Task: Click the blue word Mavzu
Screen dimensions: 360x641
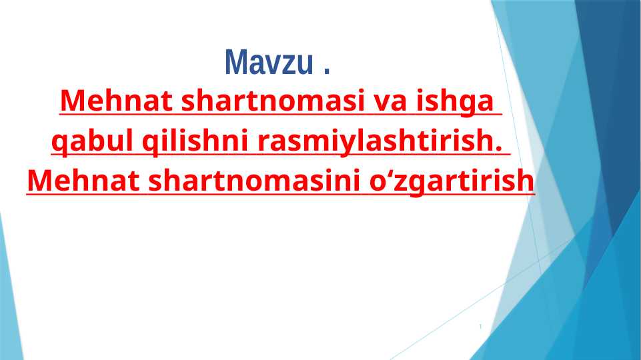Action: (270, 63)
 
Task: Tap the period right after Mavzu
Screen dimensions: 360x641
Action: (326, 70)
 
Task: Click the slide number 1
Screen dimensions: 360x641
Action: (480, 327)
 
